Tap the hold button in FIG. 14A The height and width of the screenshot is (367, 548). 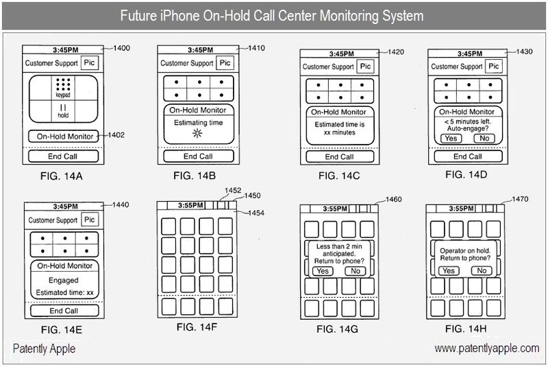coord(62,111)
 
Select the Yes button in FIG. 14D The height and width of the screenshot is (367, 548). coord(450,138)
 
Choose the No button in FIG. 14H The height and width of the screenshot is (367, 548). coord(482,271)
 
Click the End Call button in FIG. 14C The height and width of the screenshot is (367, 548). coord(340,157)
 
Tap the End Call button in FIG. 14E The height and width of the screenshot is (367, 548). coord(64,311)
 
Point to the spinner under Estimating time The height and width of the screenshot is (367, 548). coord(197,134)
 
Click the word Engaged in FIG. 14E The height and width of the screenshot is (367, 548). coord(64,280)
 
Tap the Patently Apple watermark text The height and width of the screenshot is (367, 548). coord(43,349)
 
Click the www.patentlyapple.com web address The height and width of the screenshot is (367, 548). coord(487,349)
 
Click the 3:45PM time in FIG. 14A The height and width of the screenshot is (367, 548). coord(62,50)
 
